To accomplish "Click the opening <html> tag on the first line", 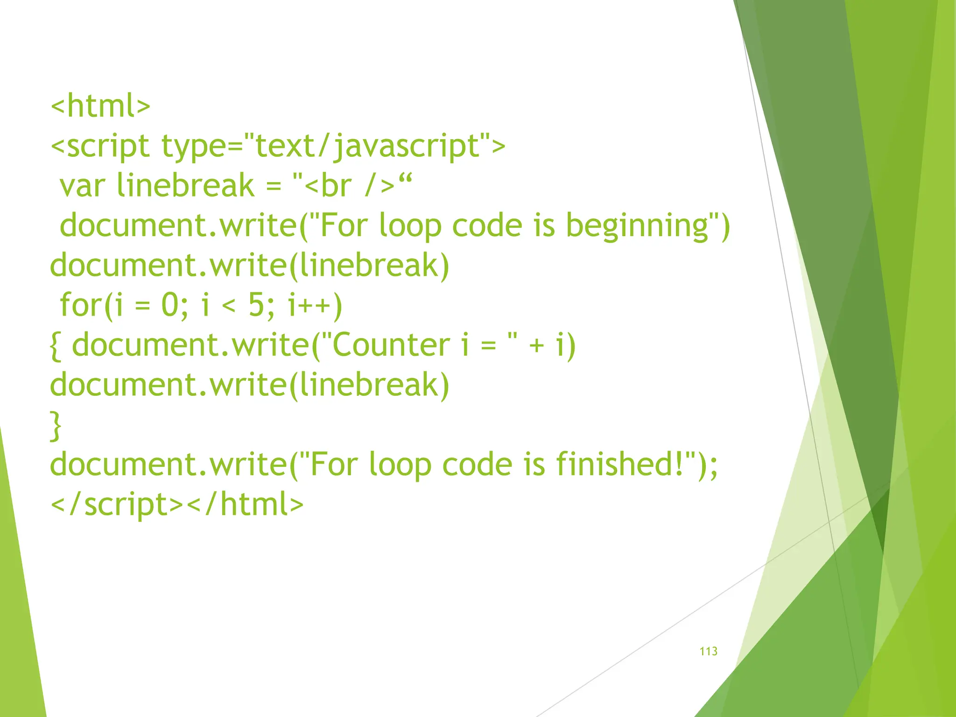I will point(100,106).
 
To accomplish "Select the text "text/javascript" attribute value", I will point(367,146).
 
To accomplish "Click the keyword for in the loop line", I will point(81,305).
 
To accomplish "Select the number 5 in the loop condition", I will point(256,305).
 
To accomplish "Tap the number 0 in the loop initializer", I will point(170,305).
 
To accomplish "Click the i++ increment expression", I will point(315,305).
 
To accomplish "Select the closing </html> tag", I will point(245,505).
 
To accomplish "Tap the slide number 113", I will point(708,651).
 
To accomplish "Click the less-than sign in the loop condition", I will point(229,306).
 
